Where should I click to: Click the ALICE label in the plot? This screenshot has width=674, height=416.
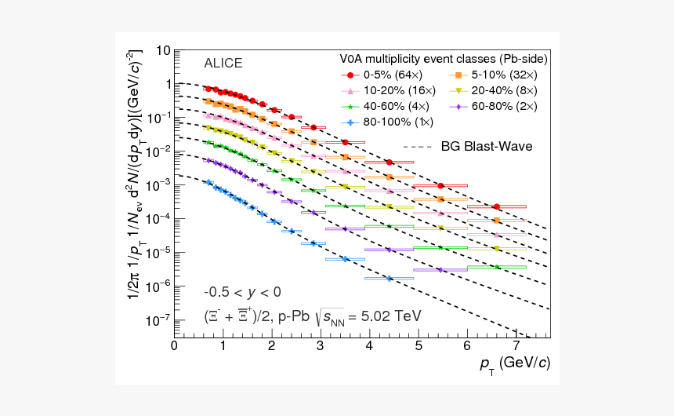(223, 64)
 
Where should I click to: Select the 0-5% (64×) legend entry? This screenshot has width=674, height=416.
(382, 75)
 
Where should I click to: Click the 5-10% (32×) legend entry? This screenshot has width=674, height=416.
(493, 75)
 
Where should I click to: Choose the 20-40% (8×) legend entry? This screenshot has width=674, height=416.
(493, 90)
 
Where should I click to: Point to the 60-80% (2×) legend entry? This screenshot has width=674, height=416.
(493, 106)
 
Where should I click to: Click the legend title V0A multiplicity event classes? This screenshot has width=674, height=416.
(443, 59)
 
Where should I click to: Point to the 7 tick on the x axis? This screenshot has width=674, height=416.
(516, 346)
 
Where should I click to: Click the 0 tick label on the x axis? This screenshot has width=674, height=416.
(174, 346)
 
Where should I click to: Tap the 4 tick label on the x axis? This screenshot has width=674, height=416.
(370, 346)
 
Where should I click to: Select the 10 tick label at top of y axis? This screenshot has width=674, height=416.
(162, 51)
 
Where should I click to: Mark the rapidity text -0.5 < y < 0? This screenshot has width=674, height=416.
(242, 292)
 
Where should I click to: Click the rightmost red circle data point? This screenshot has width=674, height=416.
(496, 206)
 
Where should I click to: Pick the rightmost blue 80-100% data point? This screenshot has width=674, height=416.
(389, 278)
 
